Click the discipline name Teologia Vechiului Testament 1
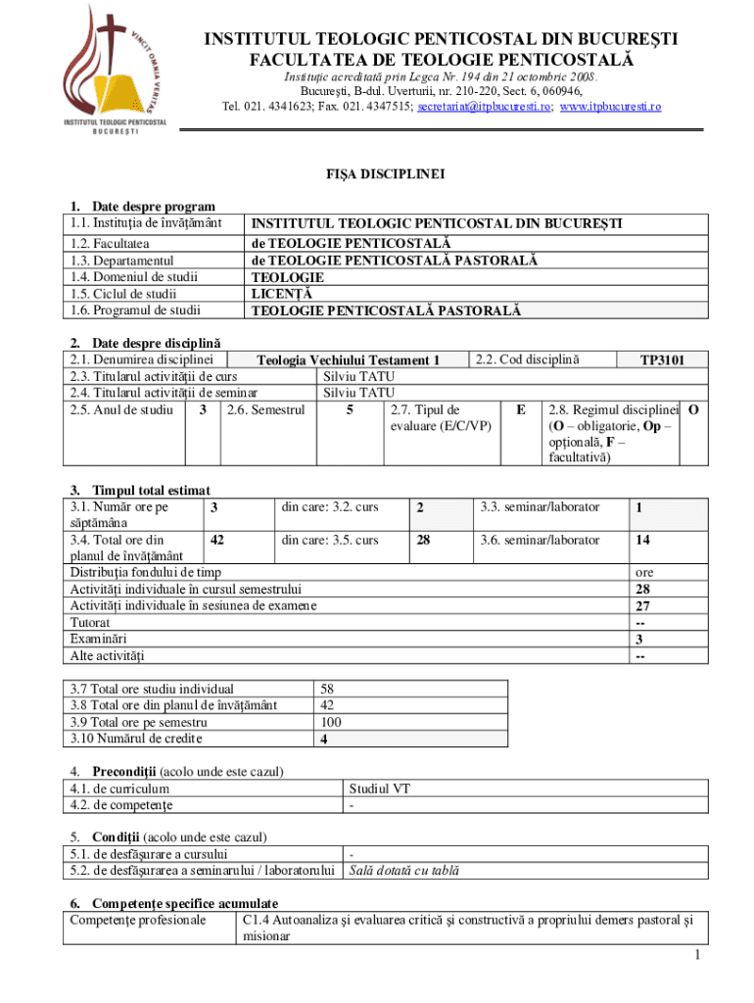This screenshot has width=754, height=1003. point(362,359)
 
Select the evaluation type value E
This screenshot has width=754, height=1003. point(521,409)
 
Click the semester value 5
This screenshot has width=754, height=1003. point(350,409)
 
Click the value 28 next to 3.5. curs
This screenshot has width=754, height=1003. point(421,540)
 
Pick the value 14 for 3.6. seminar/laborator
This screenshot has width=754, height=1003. point(642,540)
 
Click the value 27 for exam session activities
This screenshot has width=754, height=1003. point(642,605)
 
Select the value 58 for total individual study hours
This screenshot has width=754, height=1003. point(328,689)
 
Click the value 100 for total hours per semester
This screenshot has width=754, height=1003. point(331,722)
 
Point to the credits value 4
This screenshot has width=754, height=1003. point(324,739)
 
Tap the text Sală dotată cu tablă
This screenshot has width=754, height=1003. point(404,870)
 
